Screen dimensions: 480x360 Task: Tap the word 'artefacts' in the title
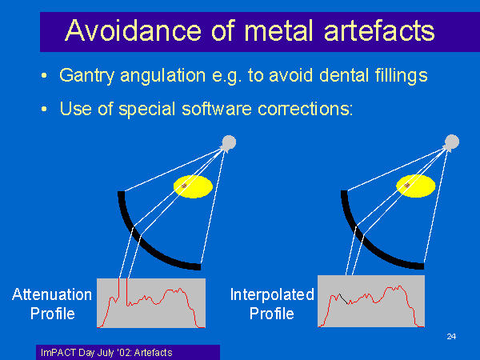(x=379, y=30)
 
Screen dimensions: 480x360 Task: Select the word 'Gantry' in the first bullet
(x=86, y=76)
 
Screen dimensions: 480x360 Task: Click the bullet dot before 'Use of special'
(x=44, y=109)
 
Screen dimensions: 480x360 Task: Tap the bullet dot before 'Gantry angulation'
(x=44, y=75)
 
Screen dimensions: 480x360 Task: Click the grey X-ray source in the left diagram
(x=228, y=142)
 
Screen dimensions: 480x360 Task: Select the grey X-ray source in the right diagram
(x=451, y=142)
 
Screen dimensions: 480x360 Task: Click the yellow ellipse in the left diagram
(x=193, y=186)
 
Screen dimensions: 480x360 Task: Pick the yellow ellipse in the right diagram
(x=416, y=186)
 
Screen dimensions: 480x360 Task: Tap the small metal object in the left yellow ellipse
(x=184, y=186)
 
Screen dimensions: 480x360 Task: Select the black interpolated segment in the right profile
(x=344, y=298)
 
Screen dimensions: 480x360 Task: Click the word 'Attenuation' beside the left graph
(x=52, y=294)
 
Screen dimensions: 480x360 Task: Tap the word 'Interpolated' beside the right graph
(x=272, y=294)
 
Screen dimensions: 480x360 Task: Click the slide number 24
(x=451, y=337)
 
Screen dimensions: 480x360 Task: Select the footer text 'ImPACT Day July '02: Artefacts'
(x=106, y=353)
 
